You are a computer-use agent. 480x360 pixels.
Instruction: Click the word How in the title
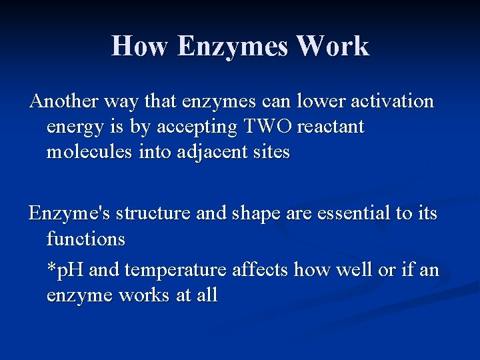click(x=139, y=46)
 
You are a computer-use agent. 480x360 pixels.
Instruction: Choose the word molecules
click(x=90, y=152)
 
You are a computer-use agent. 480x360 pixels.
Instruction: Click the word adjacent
click(x=205, y=153)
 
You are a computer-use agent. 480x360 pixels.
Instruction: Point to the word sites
click(x=271, y=152)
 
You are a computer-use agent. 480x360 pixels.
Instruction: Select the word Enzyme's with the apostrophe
click(x=70, y=213)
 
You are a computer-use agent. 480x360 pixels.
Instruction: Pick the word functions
click(x=86, y=237)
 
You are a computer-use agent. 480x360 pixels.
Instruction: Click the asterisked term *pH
click(x=66, y=271)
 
